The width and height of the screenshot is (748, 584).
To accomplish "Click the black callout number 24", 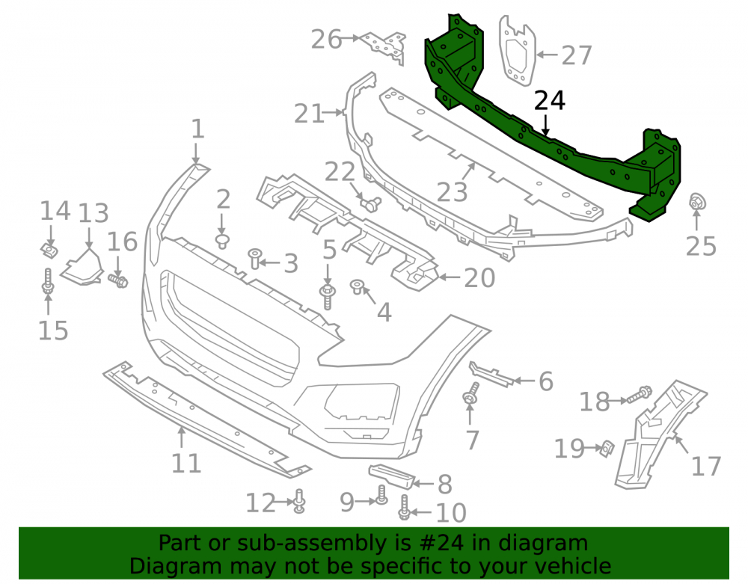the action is [550, 101].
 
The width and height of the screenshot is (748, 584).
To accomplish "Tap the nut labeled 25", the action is [697, 203].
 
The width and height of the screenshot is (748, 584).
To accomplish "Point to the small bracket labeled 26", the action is [384, 46].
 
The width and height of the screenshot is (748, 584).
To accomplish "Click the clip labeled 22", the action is [371, 203].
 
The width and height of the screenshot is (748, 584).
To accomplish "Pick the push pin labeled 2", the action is [222, 241].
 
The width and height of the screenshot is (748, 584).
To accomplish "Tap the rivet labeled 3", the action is [256, 259].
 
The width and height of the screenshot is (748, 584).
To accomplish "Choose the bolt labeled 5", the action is [328, 296].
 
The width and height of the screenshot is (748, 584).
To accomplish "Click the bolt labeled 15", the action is [48, 281].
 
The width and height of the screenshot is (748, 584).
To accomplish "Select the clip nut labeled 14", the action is [49, 250].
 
